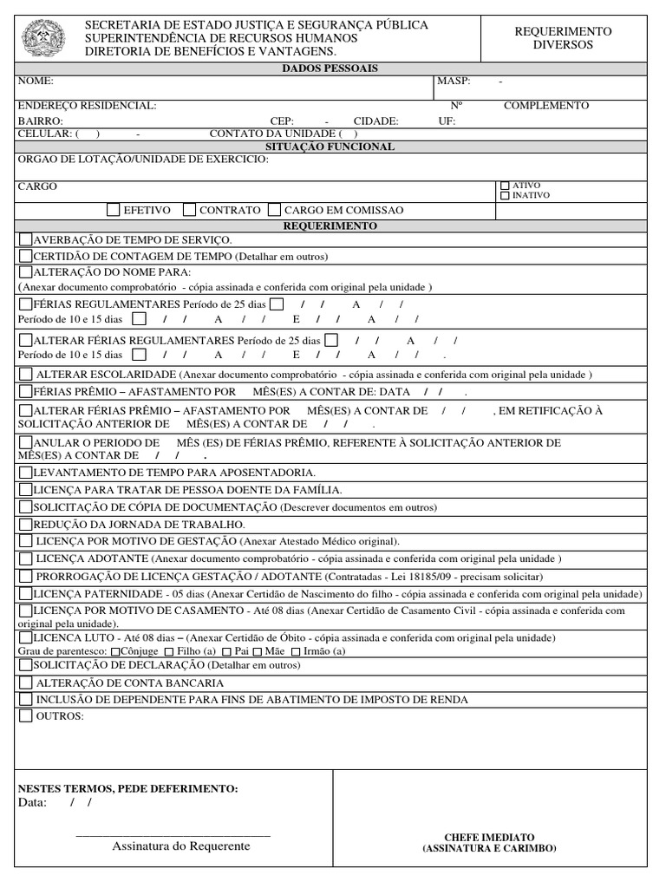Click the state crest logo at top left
click(40, 37)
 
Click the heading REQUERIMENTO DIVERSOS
click(563, 37)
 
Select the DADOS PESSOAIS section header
click(331, 69)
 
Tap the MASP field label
click(454, 81)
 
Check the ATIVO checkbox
click(505, 186)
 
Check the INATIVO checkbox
click(505, 196)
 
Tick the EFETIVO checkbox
click(114, 210)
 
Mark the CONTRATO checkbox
click(190, 210)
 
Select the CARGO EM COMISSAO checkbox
click(275, 210)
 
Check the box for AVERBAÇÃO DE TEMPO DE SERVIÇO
click(25, 239)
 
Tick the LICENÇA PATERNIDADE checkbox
click(25, 594)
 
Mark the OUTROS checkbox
click(25, 716)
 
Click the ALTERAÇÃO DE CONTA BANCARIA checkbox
click(25, 683)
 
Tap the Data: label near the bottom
click(33, 803)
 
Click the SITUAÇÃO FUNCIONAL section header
click(331, 147)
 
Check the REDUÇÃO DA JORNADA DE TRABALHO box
click(25, 525)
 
